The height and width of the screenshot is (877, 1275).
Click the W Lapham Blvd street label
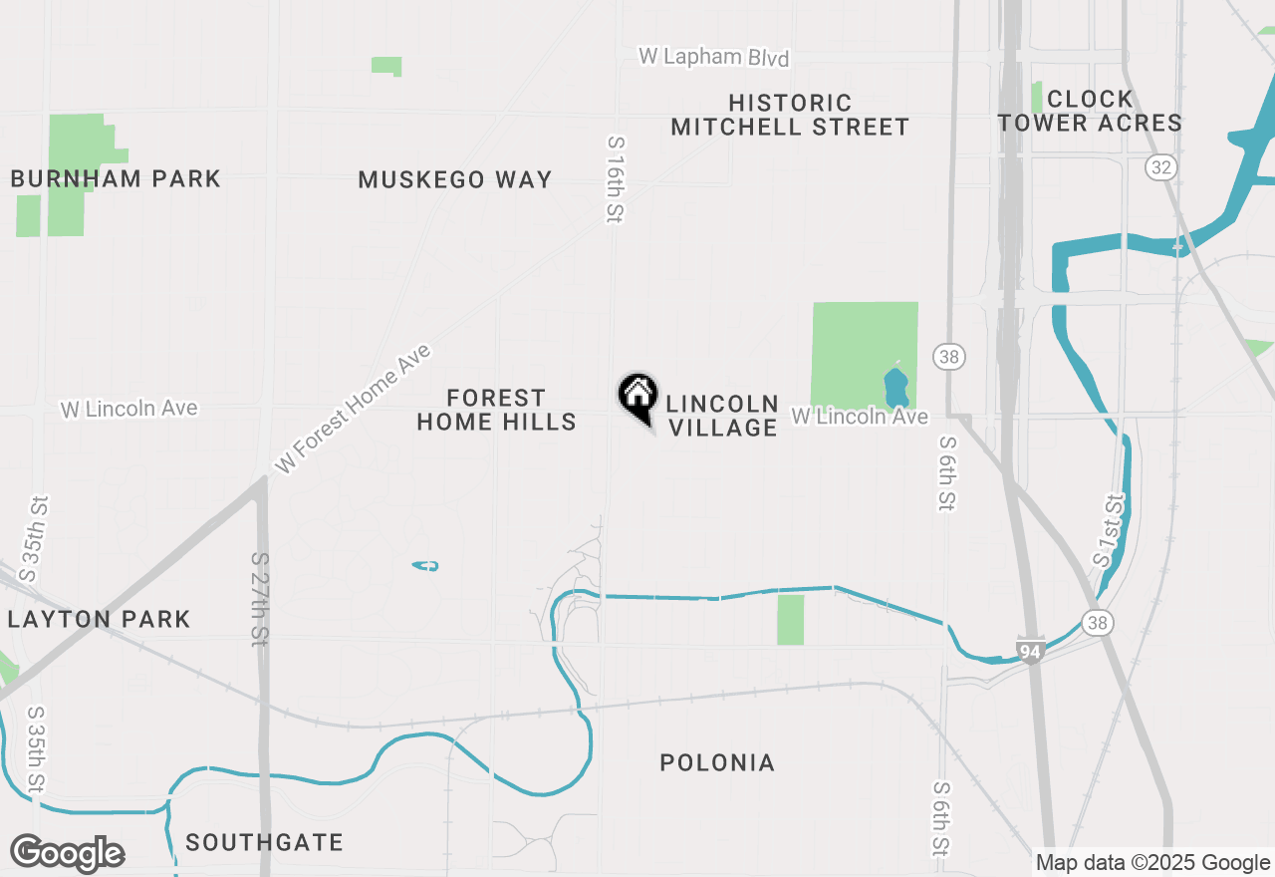713,57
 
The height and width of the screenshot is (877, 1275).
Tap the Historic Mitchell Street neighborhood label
790,115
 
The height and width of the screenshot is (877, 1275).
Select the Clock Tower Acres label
1090,111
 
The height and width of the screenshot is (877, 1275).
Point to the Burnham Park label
116,179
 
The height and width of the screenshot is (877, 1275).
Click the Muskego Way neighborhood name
454,180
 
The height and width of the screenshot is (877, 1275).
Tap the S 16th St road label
616,179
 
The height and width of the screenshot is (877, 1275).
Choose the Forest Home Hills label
496,411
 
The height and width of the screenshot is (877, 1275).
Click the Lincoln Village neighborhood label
722,416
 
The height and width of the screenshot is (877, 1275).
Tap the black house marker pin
637,397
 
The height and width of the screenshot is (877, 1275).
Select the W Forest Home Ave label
354,409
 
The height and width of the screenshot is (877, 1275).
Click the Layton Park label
99,620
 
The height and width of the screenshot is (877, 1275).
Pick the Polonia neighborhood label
717,763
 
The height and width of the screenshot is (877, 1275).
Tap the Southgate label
264,843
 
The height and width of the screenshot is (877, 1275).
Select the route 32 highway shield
1160,166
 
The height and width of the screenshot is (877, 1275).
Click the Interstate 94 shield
1031,651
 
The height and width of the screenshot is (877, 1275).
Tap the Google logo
67,853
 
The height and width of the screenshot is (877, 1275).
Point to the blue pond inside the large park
895,383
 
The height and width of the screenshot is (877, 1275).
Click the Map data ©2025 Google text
1152,863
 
